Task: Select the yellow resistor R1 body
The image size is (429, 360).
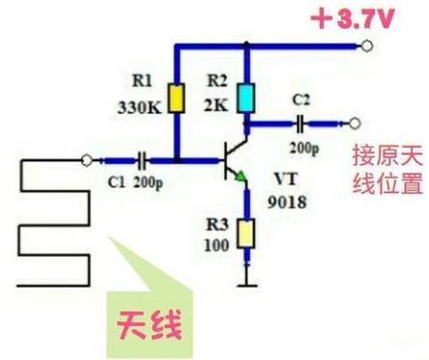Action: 178,97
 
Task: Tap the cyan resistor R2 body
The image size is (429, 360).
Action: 246,97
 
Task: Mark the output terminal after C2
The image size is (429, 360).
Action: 356,123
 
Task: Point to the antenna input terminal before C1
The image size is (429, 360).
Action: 89,160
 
